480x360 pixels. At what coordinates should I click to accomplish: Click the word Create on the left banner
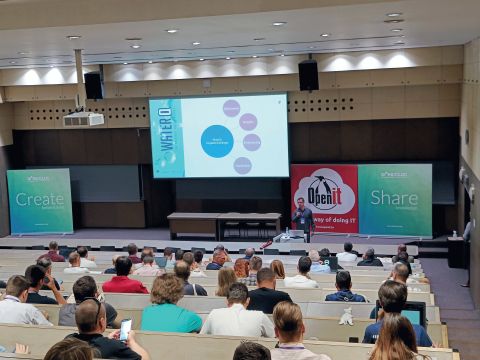[x=39, y=199]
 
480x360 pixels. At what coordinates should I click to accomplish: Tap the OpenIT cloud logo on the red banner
[x=324, y=190]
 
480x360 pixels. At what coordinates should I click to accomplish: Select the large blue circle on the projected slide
[x=217, y=141]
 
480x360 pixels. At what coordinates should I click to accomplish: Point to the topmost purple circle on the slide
[x=231, y=108]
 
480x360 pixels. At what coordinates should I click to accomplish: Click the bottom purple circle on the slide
[x=242, y=165]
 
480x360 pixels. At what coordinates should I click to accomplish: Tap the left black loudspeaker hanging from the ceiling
[x=93, y=85]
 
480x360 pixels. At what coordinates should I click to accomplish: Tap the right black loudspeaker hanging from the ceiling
[x=308, y=75]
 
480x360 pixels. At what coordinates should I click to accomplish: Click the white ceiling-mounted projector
[x=83, y=118]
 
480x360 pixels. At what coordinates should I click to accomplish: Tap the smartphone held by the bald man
[x=125, y=328]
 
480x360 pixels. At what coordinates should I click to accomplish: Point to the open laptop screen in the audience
[x=413, y=314]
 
